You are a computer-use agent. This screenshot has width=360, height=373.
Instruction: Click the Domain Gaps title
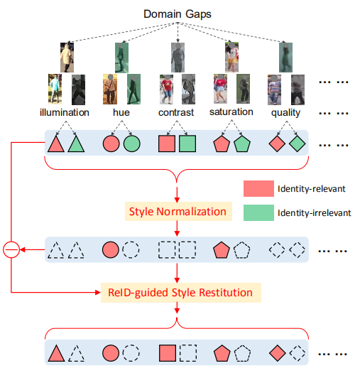pyautogui.click(x=178, y=13)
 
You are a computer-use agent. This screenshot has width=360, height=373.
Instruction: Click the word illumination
pyautogui.click(x=65, y=112)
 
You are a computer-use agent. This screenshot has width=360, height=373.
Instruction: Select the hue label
pyautogui.click(x=121, y=112)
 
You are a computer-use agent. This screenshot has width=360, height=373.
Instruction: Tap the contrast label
pyautogui.click(x=177, y=112)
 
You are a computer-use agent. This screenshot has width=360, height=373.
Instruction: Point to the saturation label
pyautogui.click(x=231, y=112)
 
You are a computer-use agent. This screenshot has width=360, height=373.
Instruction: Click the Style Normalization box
pyautogui.click(x=178, y=211)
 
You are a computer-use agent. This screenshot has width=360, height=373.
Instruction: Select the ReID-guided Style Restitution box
pyautogui.click(x=178, y=291)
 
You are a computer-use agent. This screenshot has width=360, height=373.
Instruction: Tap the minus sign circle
pyautogui.click(x=11, y=250)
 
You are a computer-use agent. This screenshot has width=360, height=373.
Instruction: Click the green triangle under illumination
pyautogui.click(x=77, y=144)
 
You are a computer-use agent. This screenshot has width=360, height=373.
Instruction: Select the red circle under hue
pyautogui.click(x=111, y=144)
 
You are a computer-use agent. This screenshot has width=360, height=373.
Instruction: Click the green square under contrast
pyautogui.click(x=187, y=144)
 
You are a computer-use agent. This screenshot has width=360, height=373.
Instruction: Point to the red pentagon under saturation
pyautogui.click(x=222, y=144)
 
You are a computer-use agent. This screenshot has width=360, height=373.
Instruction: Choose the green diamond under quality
pyautogui.click(x=298, y=144)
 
